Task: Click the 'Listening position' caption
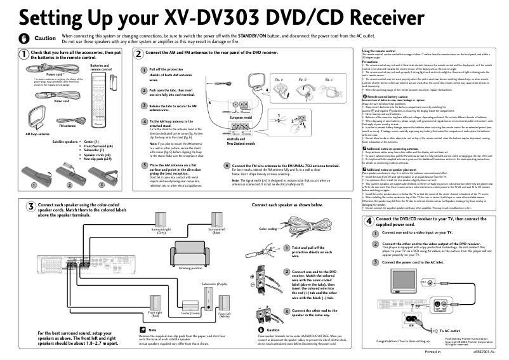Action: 190,268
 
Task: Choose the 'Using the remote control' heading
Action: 379,50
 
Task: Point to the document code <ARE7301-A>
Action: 484,351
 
